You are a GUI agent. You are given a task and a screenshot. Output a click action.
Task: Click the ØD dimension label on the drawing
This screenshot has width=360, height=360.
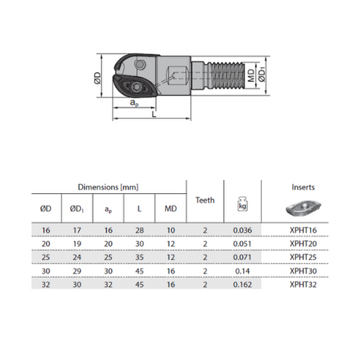[x=98, y=78]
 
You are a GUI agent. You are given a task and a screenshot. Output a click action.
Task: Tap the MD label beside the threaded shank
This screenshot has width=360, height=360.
[x=251, y=75]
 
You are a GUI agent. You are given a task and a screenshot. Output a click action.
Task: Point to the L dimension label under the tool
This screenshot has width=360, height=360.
[x=154, y=114]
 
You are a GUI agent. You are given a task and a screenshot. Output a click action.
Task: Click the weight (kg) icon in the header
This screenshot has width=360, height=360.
[x=242, y=204]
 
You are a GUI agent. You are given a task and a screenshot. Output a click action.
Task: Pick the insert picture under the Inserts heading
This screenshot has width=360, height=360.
[x=303, y=208]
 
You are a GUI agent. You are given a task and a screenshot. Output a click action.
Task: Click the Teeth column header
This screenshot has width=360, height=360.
[x=205, y=201]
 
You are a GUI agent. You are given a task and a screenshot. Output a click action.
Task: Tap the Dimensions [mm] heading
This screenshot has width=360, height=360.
[x=108, y=187]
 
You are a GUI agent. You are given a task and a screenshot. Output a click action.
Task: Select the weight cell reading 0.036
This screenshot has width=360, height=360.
[x=242, y=230]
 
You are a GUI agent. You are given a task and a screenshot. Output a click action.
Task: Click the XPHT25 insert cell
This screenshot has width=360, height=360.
[x=303, y=257]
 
